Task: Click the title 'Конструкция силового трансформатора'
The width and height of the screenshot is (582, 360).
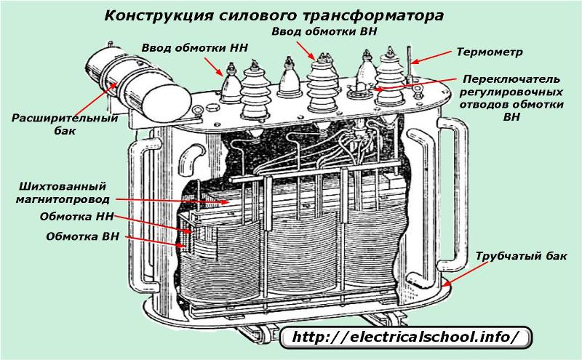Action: tap(274, 15)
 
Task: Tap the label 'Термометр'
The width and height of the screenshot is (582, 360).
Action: tap(489, 52)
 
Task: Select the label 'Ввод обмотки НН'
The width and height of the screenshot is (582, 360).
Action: tap(194, 48)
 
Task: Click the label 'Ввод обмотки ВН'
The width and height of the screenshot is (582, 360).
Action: tap(324, 31)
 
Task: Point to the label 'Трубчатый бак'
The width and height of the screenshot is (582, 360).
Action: tap(521, 256)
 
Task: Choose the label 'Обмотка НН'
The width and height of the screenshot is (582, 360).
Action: tap(77, 217)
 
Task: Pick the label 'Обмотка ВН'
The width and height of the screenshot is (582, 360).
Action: tap(83, 236)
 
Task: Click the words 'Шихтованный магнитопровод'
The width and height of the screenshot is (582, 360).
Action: tap(63, 193)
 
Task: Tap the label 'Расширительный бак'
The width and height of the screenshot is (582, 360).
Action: tap(65, 124)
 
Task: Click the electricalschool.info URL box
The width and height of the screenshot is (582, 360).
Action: tap(405, 337)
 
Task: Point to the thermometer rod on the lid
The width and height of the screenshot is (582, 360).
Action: tap(410, 63)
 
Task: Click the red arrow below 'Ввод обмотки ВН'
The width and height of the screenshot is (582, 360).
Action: tap(306, 50)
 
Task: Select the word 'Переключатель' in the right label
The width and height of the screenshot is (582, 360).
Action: tap(511, 79)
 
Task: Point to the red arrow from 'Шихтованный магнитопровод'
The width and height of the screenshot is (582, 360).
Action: tap(172, 201)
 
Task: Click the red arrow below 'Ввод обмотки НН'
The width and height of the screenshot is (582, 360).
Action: tap(213, 67)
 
